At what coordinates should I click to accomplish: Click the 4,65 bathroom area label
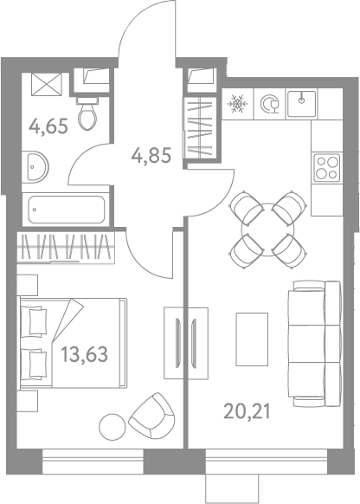tap(48, 126)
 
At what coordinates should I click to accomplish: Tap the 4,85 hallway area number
tap(151, 155)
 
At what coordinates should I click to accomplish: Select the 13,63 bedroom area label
tap(85, 354)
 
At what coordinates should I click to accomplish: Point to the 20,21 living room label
tap(247, 411)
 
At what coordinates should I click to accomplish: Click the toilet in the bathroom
tap(87, 113)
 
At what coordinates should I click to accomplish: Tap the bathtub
tap(66, 210)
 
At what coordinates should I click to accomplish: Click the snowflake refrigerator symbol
tap(238, 104)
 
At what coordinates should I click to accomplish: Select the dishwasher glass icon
tap(270, 104)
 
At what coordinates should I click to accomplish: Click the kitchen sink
tap(301, 104)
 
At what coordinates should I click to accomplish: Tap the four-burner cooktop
tap(327, 168)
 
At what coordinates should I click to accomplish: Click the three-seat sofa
tap(314, 344)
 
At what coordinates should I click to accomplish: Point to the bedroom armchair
tap(151, 416)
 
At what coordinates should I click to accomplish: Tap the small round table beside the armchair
tap(112, 427)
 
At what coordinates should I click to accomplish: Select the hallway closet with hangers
tap(200, 128)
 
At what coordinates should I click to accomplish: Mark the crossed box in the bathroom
tap(46, 84)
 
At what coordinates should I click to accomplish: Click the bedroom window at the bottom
tap(93, 462)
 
